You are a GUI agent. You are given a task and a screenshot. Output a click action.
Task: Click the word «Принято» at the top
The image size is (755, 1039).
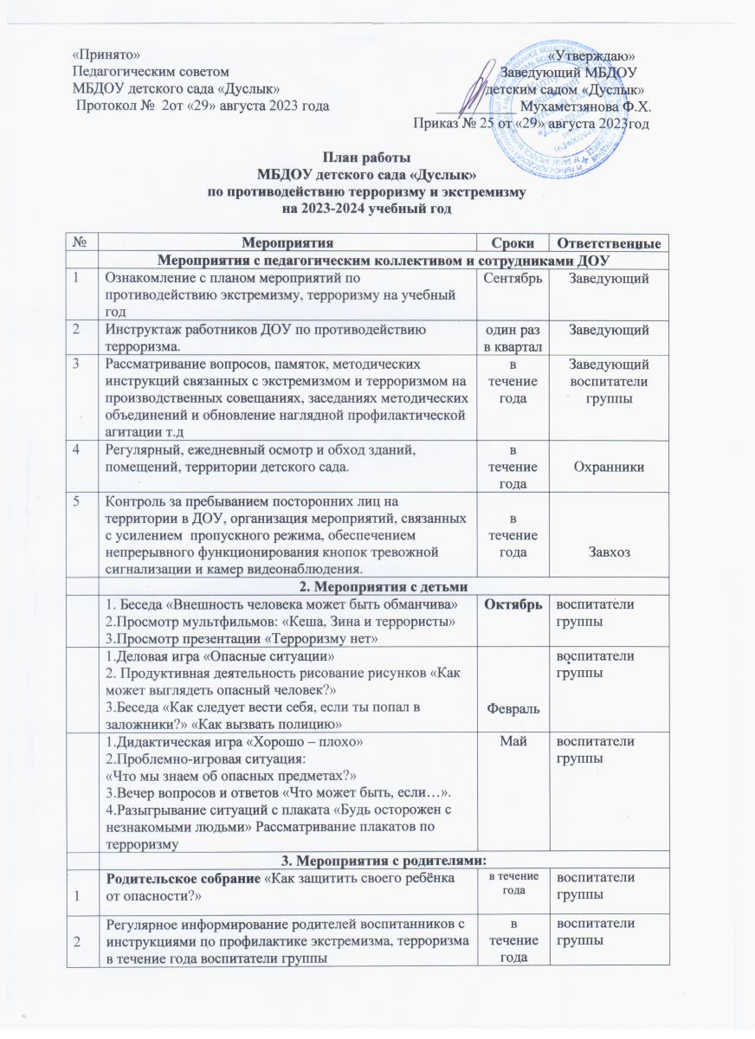click(x=105, y=55)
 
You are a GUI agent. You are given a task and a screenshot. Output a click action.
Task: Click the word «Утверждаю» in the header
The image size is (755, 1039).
click(x=585, y=55)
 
